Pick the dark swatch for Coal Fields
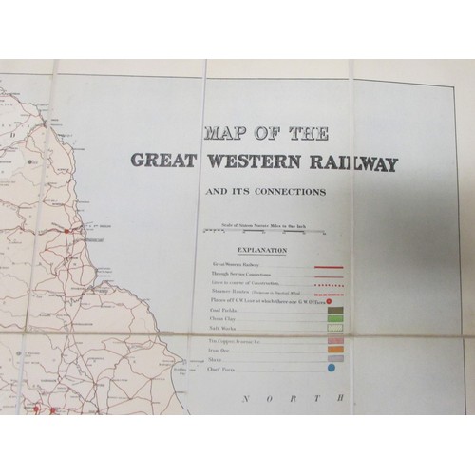click(334, 309)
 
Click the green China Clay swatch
click(334, 321)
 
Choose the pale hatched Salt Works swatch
click(334, 334)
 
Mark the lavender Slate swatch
click(334, 374)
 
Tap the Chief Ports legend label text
click(221, 387)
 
